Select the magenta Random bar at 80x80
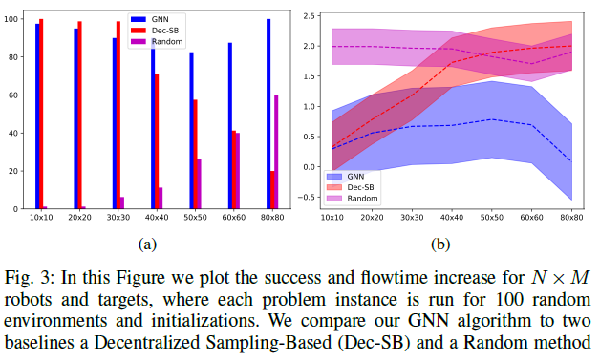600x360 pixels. tap(276, 152)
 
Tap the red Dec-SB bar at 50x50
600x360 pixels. tap(196, 154)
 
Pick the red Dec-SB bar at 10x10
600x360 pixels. tap(41, 114)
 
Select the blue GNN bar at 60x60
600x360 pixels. tap(229, 125)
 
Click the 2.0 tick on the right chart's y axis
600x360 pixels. tap(308, 46)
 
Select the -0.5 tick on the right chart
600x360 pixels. tap(306, 197)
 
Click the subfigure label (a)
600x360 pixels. tap(146, 244)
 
